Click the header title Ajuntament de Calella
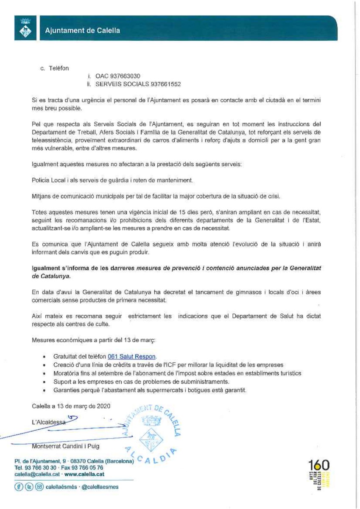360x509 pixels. click(x=82, y=31)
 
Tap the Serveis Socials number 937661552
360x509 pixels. click(x=163, y=84)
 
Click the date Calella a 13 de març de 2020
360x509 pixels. click(x=71, y=406)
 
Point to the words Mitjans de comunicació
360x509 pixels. click(x=65, y=196)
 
